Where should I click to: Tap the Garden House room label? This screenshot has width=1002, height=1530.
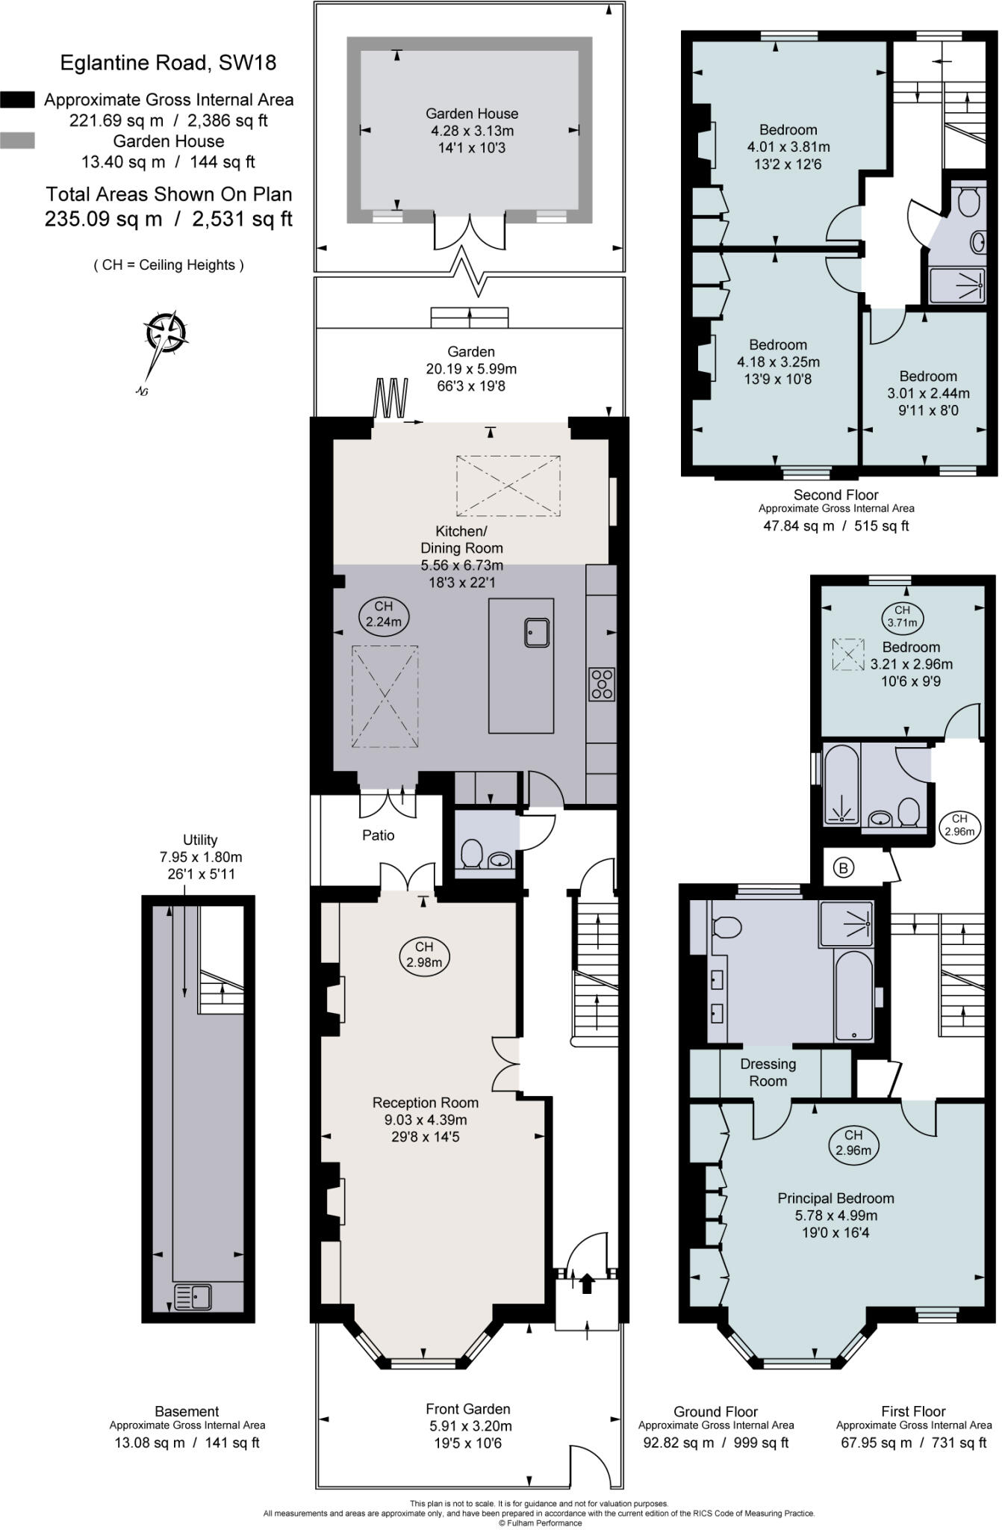(472, 114)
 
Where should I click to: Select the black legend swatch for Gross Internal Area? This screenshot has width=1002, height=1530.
(17, 99)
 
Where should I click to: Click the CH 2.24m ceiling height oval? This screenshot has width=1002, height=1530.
(384, 614)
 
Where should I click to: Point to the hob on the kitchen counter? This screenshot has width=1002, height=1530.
(602, 684)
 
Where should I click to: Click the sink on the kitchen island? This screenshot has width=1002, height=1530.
(537, 632)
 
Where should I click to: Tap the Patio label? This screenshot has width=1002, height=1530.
(379, 835)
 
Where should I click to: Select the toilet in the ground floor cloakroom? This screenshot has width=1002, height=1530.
(471, 853)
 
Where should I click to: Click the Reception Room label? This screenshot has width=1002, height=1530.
(426, 1103)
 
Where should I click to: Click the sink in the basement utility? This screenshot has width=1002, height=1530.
(193, 1297)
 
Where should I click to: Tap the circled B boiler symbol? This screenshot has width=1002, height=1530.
(844, 868)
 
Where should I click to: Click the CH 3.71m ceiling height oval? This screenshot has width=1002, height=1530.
(903, 616)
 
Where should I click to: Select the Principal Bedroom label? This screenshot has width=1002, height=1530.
(836, 1198)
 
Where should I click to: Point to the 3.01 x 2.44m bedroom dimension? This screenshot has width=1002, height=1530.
(929, 393)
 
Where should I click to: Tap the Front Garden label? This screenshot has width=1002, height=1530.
(468, 1409)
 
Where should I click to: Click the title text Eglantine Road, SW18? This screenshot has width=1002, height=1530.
(168, 63)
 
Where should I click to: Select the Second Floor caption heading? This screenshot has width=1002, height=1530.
(836, 495)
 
